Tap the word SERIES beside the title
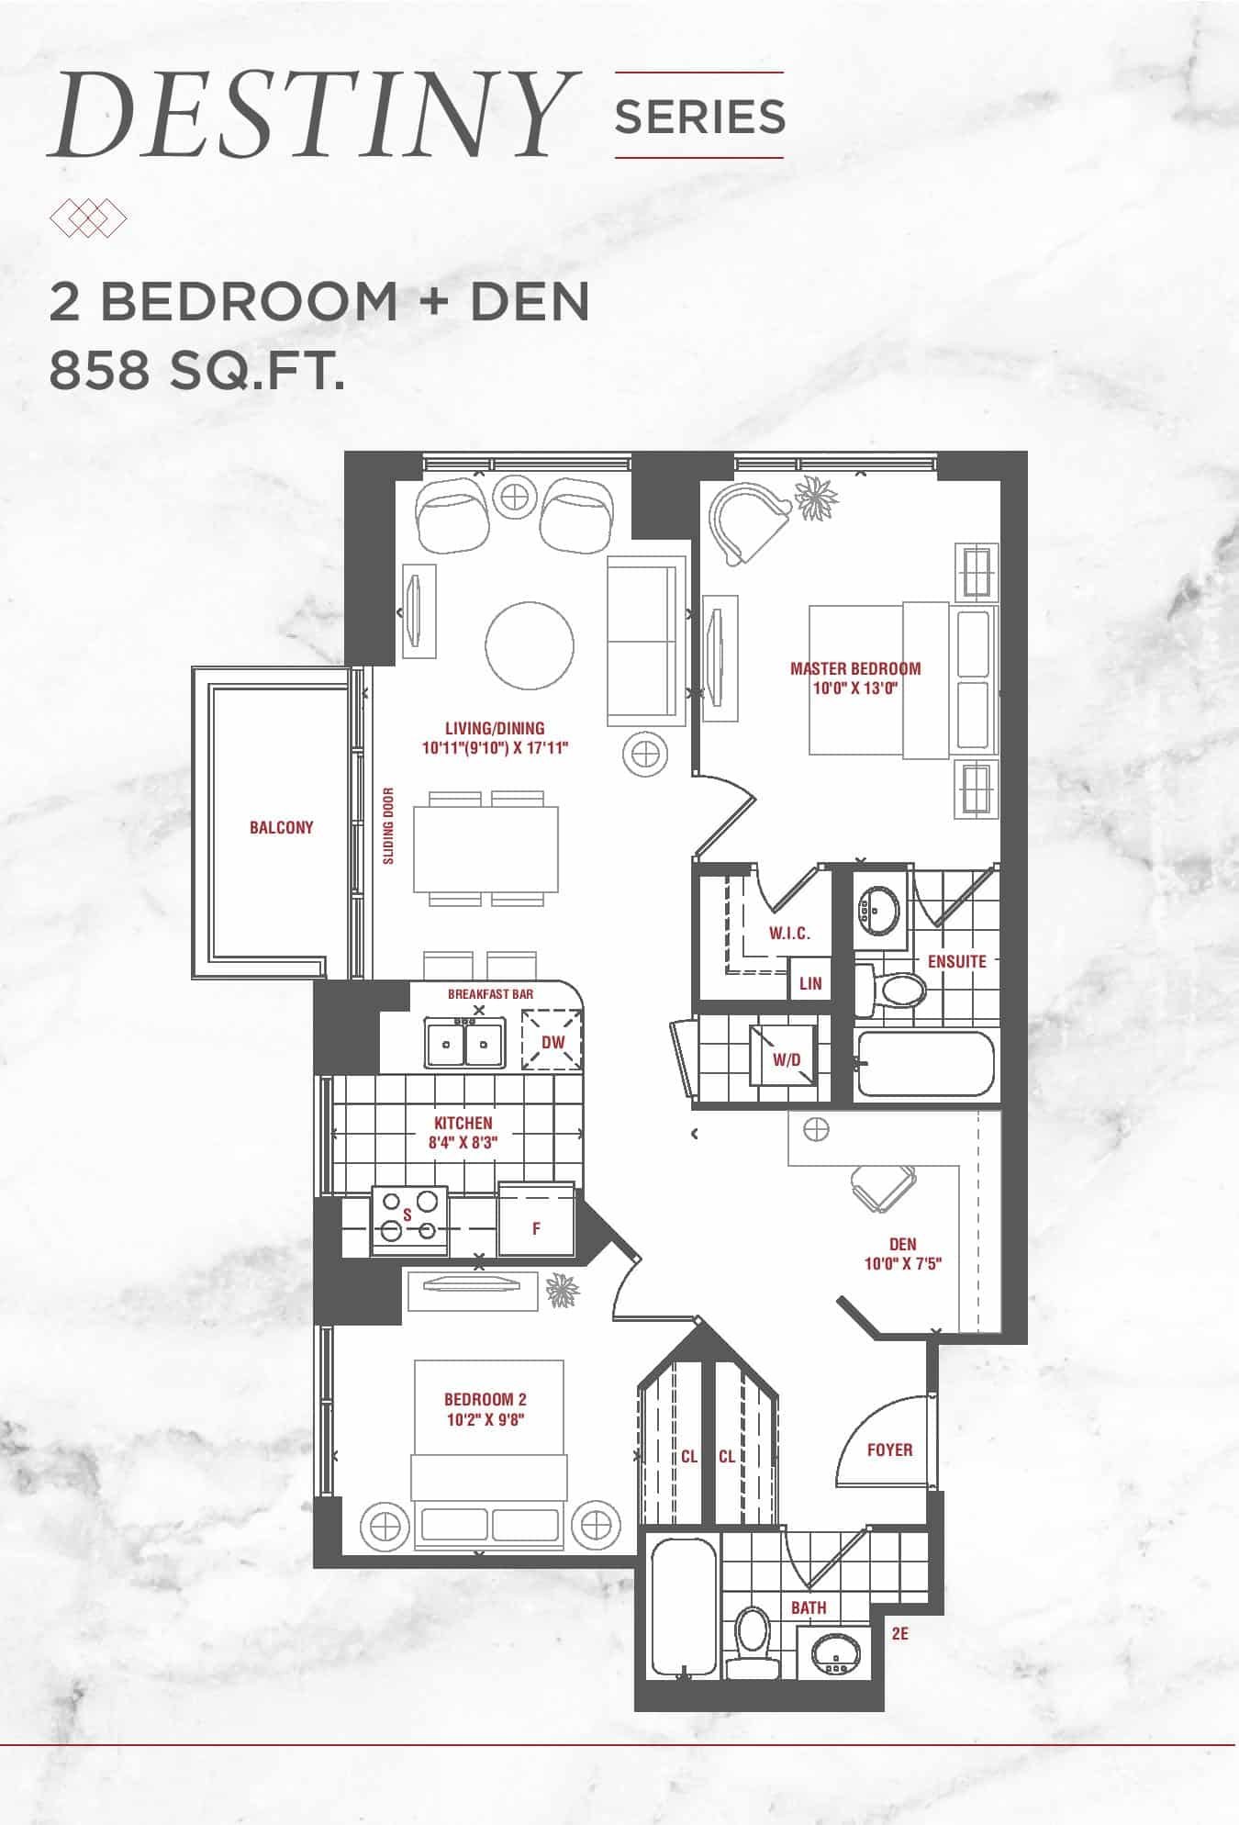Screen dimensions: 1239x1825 [699, 117]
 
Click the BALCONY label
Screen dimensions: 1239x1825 [282, 827]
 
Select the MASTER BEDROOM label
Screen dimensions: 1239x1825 [855, 668]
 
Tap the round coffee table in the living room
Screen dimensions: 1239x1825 [530, 645]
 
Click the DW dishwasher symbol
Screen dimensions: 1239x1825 [553, 1041]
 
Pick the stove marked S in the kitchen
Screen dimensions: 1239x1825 [409, 1220]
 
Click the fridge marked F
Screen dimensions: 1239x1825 [536, 1220]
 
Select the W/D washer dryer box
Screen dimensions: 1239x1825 [785, 1058]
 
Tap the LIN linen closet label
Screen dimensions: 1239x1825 [810, 983]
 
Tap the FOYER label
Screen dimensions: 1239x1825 [889, 1450]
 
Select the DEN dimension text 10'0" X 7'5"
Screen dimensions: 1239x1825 [903, 1263]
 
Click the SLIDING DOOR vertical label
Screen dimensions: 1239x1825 [388, 825]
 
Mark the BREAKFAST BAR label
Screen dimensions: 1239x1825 [490, 994]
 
